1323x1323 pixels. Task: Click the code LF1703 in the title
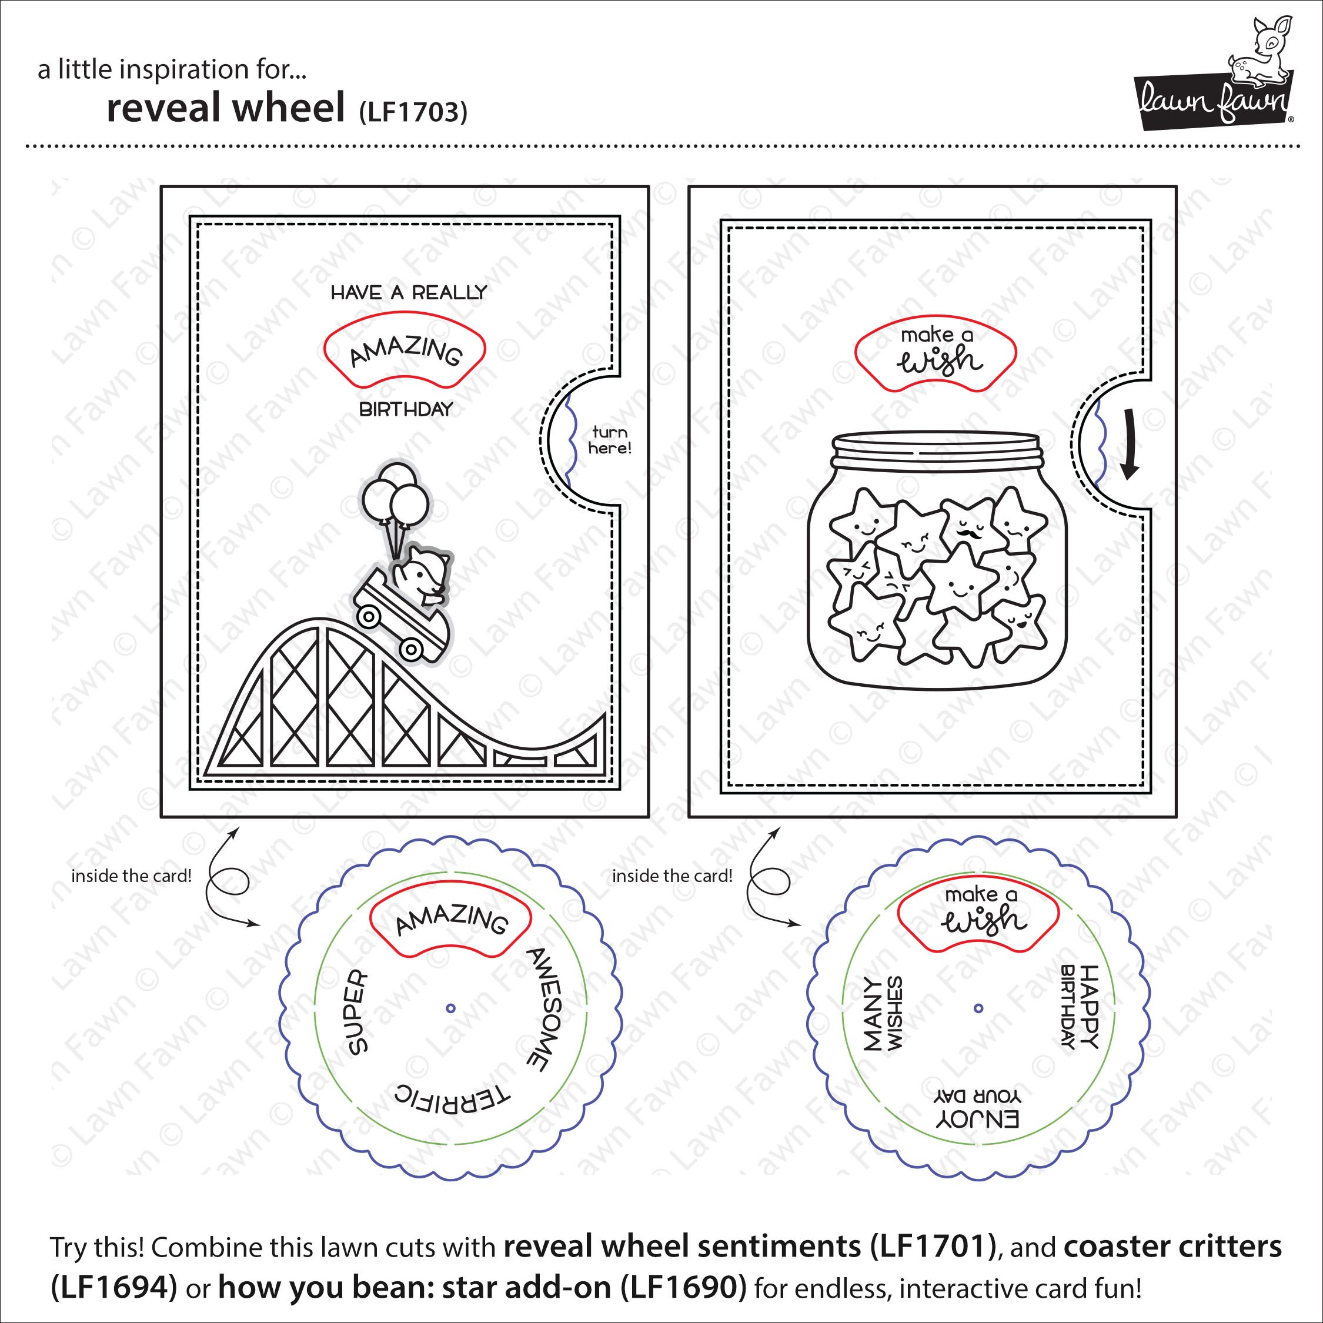(413, 112)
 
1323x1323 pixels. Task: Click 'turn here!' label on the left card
(609, 440)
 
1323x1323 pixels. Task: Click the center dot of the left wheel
(450, 1007)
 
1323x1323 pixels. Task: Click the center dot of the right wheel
(978, 1007)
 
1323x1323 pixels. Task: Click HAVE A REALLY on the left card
(409, 293)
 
